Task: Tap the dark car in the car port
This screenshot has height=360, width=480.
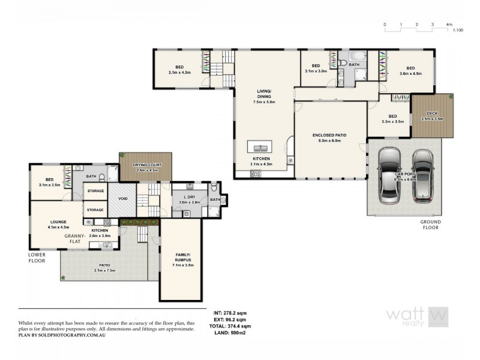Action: [423, 176]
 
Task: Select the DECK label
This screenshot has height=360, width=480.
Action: [432, 113]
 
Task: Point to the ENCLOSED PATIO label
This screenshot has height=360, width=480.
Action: [330, 136]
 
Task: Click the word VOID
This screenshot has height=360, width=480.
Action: [122, 199]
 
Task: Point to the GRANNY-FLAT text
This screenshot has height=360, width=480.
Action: [76, 236]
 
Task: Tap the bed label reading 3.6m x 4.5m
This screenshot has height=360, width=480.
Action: [410, 71]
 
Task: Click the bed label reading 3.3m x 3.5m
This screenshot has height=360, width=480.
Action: [392, 119]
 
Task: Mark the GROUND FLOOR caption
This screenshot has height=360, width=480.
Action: [430, 225]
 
